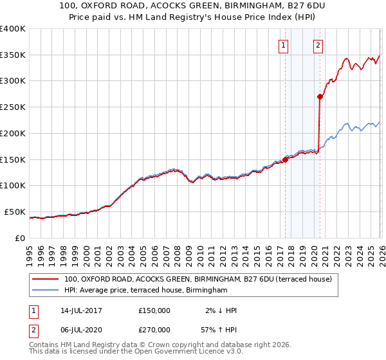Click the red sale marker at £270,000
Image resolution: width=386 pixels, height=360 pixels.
coord(320,97)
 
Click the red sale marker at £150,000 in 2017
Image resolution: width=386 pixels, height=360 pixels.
coord(286,159)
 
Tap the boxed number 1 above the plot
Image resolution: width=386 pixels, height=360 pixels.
coord(284,45)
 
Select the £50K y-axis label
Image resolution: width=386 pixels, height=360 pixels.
coord(15,212)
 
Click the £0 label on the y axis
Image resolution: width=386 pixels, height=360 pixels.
coord(21,238)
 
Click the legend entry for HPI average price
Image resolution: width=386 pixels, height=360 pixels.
coord(146,291)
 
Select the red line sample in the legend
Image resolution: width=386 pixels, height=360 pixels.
coord(44,279)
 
